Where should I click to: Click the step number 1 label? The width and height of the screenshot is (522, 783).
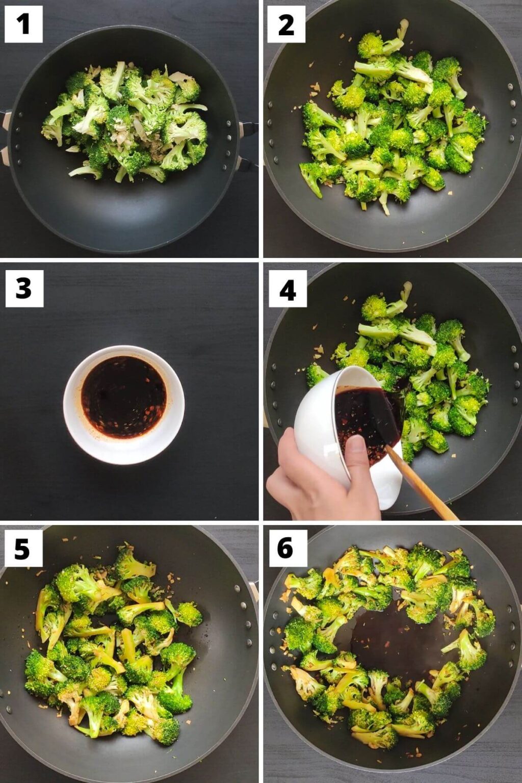23,24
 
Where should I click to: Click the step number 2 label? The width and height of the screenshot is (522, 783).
286,24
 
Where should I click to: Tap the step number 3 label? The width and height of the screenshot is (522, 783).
24,289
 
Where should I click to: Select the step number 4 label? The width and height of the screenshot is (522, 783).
288,289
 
